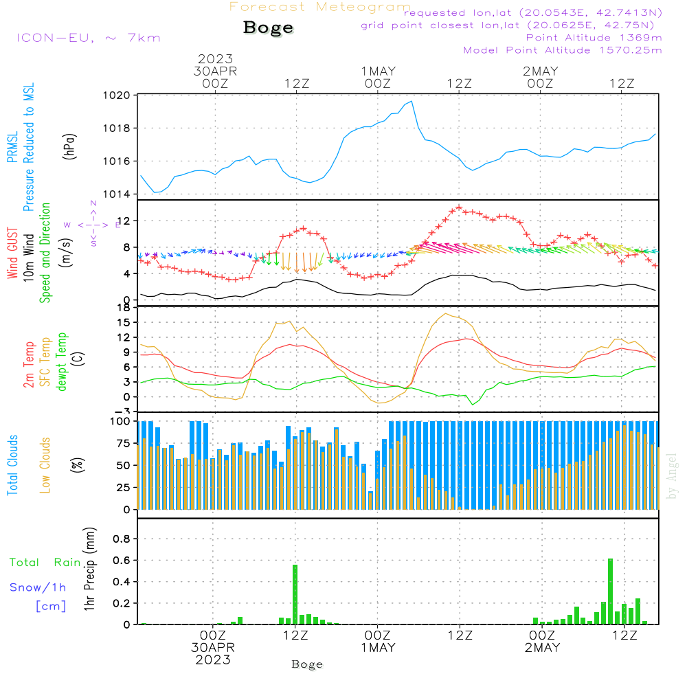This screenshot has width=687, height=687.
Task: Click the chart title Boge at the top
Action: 268,28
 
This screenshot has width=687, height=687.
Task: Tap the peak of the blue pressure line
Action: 412,102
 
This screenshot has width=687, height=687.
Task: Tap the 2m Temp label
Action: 30,363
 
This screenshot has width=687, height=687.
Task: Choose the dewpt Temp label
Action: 63,362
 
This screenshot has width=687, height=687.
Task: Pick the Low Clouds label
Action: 46,464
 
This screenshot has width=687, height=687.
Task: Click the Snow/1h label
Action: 38,587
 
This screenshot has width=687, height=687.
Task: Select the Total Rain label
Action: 45,562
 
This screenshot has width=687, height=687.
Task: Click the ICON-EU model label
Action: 88,38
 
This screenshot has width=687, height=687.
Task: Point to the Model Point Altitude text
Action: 562,50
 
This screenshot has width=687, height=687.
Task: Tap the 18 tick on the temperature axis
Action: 124,308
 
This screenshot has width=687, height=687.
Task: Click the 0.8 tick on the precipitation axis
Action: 122,539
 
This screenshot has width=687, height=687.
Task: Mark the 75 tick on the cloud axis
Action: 124,443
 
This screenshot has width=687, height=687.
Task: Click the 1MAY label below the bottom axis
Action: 378,648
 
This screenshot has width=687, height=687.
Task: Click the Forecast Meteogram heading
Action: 320,7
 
